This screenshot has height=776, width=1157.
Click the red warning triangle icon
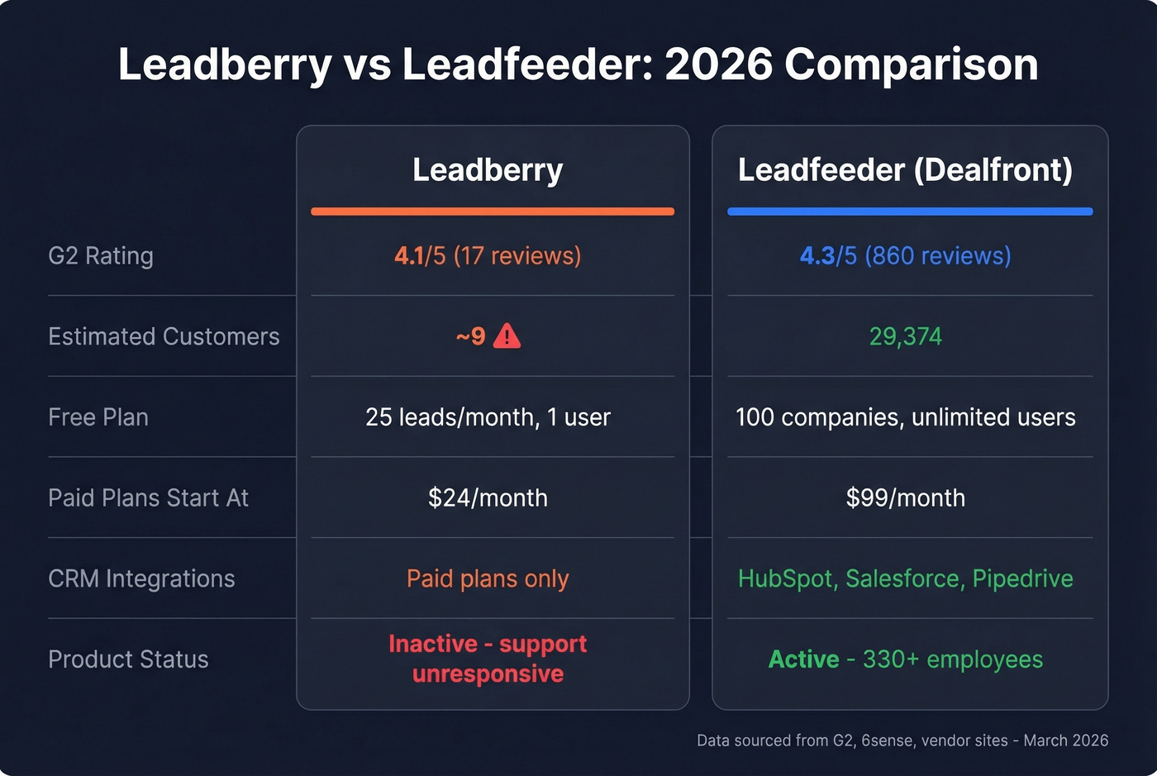click(507, 336)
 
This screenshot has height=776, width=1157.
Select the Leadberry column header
click(488, 169)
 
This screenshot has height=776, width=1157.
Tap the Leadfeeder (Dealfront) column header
click(905, 169)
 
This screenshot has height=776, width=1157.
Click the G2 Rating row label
click(101, 256)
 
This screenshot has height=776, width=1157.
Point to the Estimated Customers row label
click(164, 336)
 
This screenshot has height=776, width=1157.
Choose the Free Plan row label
click(98, 417)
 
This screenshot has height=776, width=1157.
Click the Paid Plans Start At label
click(148, 497)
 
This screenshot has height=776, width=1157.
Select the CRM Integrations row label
click(141, 578)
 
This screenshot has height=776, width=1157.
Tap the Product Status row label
click(128, 659)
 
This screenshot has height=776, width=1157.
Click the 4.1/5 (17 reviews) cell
click(488, 256)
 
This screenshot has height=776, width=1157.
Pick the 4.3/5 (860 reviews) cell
click(905, 256)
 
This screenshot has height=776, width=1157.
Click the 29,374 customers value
click(905, 336)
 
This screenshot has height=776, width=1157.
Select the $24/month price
click(488, 497)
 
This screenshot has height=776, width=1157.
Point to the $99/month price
click(905, 497)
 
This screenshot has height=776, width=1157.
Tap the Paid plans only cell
click(488, 578)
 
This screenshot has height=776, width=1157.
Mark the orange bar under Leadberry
click(493, 212)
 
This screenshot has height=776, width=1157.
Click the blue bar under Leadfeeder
click(910, 212)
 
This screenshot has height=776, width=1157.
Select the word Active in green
click(803, 659)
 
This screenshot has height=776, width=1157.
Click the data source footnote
click(902, 740)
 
